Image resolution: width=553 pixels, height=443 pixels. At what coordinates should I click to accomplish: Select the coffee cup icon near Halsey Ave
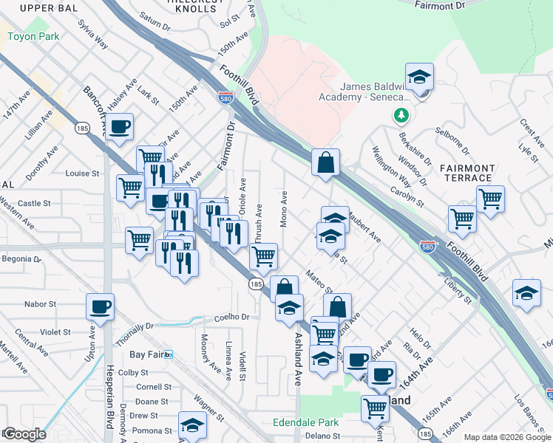119,126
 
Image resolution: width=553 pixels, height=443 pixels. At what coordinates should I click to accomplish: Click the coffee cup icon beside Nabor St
101,306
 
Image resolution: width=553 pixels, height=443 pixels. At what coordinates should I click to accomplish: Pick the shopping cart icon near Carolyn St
490,198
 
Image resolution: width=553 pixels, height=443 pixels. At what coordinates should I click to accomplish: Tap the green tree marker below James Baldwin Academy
401,115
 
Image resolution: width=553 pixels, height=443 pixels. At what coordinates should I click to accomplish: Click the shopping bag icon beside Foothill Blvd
325,162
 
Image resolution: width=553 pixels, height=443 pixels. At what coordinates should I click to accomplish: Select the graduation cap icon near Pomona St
192,425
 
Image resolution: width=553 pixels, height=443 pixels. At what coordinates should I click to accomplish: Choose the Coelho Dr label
233,317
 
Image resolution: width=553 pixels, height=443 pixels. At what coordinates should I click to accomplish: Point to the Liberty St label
458,289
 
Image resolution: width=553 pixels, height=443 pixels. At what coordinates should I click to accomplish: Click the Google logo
24,433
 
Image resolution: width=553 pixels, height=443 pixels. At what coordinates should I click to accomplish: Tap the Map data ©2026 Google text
506,437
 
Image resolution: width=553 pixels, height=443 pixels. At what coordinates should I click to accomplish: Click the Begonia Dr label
21,259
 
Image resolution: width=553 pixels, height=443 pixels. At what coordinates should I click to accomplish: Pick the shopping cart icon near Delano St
375,407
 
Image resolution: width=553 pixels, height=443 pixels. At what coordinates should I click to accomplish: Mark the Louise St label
82,174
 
